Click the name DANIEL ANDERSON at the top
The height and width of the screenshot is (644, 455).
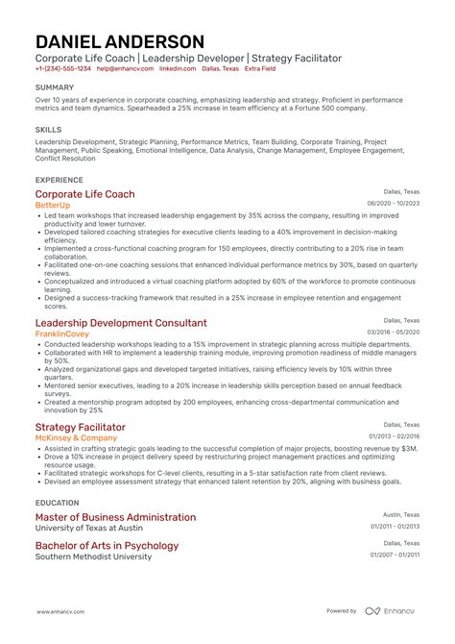click(120, 41)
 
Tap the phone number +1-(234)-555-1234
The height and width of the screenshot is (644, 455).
click(63, 69)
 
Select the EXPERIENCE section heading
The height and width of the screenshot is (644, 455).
click(59, 179)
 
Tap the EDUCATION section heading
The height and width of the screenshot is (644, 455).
click(57, 501)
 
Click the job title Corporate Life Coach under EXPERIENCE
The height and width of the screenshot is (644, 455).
click(85, 193)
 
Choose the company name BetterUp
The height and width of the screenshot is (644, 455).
click(53, 205)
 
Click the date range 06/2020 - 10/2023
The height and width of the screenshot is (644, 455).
click(393, 203)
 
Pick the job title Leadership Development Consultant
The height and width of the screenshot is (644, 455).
click(120, 323)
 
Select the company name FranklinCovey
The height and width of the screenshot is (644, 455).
click(61, 334)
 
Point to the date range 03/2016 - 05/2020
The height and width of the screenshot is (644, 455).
click(393, 332)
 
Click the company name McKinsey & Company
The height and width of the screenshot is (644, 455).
click(76, 438)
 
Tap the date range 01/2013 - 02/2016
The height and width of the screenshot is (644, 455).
click(394, 436)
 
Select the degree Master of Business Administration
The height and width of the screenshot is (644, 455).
click(114, 517)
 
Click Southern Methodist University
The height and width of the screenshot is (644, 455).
click(92, 557)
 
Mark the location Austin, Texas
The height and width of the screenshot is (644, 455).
click(401, 514)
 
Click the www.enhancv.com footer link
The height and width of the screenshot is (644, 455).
click(63, 611)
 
